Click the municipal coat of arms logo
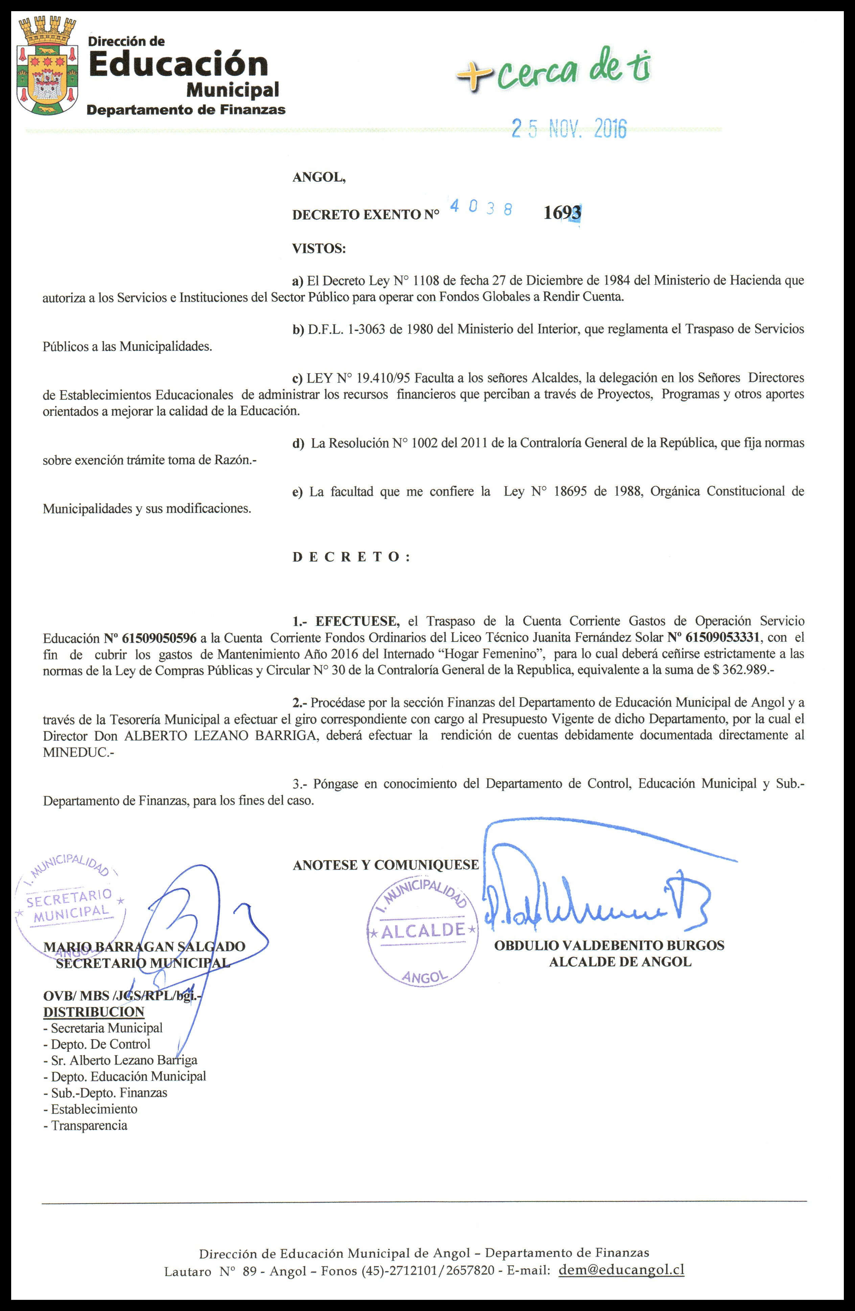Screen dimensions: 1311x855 click(x=47, y=66)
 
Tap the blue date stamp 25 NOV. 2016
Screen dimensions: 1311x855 click(x=569, y=128)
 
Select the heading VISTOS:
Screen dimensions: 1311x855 click(x=319, y=248)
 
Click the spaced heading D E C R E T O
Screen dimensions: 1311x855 click(x=351, y=557)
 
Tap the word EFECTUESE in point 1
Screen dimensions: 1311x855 click(x=357, y=621)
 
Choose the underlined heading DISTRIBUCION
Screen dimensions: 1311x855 click(x=94, y=1012)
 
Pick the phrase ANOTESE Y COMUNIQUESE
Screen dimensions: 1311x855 click(x=386, y=865)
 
